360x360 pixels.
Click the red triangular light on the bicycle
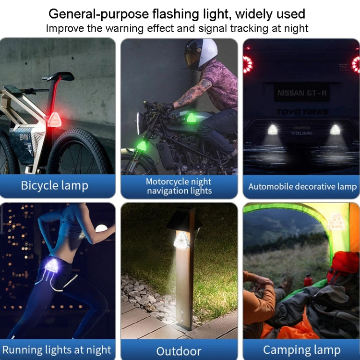coord(54,120)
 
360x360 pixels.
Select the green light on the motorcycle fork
coord(142,145)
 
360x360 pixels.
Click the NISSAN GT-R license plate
coord(302,93)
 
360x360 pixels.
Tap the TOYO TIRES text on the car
coord(302,112)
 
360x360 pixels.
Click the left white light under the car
coord(273,130)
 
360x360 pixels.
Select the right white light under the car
coord(335,130)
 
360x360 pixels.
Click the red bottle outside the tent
coord(308,280)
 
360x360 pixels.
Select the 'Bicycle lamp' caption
coord(55,186)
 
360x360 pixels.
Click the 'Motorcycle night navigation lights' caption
coord(179,186)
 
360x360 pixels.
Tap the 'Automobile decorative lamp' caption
coord(302,186)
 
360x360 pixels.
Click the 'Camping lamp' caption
coord(301,349)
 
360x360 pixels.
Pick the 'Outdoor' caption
coord(179,350)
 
